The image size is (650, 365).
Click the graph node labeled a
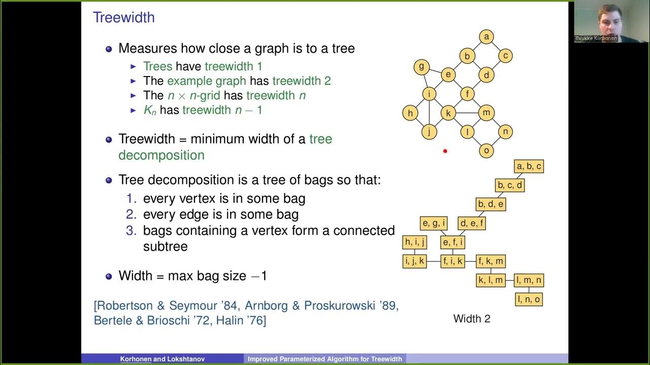click(x=486, y=37)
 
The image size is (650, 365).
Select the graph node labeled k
click(x=448, y=113)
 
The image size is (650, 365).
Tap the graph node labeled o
click(x=486, y=151)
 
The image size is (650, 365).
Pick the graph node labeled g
click(x=421, y=67)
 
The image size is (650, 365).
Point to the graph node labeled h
click(x=410, y=113)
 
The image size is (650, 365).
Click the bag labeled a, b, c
click(x=529, y=166)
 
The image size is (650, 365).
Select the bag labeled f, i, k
click(x=452, y=262)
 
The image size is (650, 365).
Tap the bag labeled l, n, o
click(x=529, y=300)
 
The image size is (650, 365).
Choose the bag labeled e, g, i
click(x=434, y=223)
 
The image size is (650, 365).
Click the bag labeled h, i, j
click(x=414, y=242)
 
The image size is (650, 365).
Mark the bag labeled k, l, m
click(x=491, y=280)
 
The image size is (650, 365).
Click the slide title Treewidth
click(x=123, y=18)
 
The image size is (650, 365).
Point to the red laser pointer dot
click(x=445, y=151)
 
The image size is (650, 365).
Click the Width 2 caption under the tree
click(x=472, y=319)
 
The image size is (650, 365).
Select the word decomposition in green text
click(x=161, y=155)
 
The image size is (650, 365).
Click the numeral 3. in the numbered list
click(x=132, y=231)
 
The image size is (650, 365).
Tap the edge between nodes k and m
click(x=467, y=113)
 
